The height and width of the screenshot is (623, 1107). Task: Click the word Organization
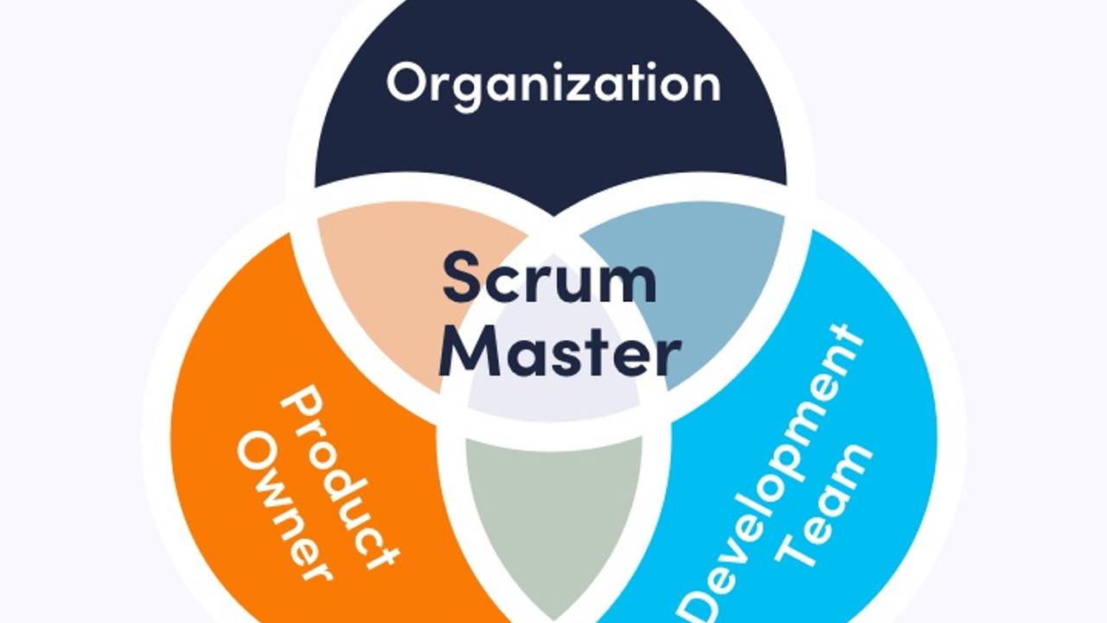tap(553, 84)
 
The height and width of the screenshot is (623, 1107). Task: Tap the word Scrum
tap(549, 277)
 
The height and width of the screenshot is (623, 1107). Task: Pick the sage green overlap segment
tap(553, 511)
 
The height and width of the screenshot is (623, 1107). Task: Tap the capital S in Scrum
tap(463, 277)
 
